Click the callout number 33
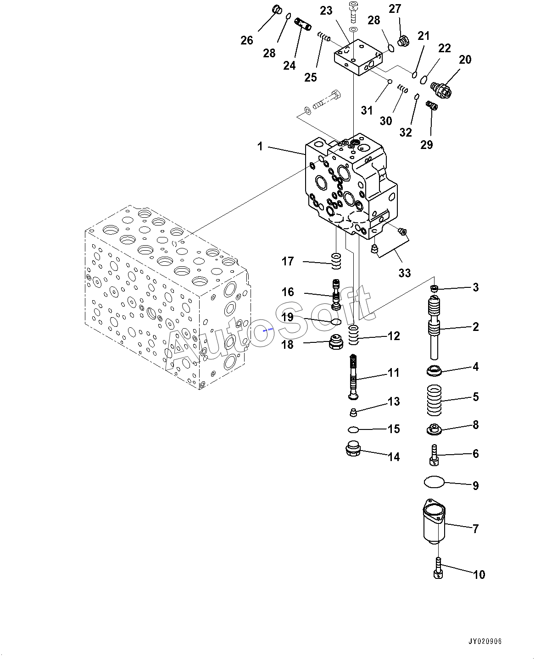(x=404, y=273)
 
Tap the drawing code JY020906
(x=485, y=641)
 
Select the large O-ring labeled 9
(x=434, y=482)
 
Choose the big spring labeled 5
(x=434, y=400)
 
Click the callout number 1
(x=260, y=146)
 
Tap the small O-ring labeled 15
(x=353, y=429)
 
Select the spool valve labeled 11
(x=353, y=377)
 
